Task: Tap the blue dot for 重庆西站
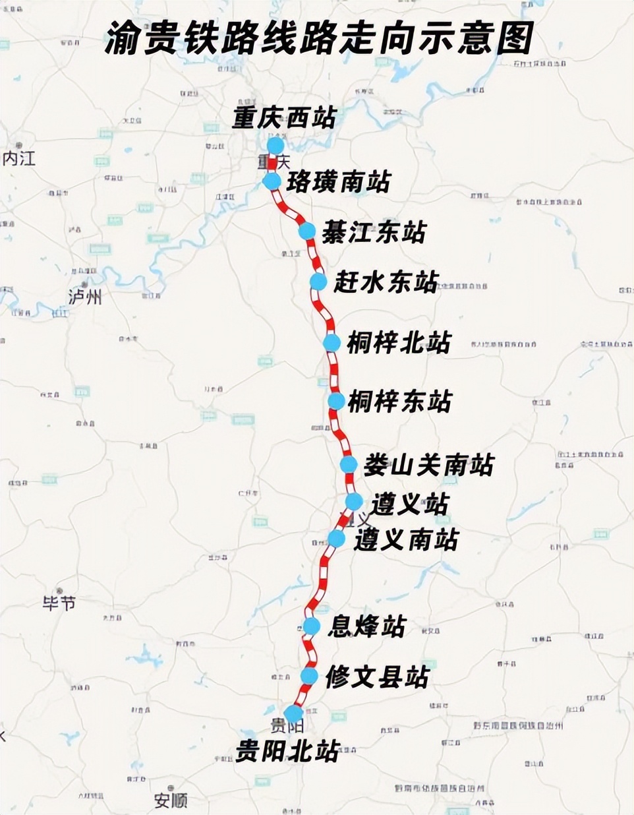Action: [x=275, y=145]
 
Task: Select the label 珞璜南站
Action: [x=338, y=182]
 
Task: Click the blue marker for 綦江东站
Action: [x=307, y=231]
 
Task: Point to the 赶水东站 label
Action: [x=386, y=282]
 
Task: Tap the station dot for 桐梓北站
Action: [x=331, y=343]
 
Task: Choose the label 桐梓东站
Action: [x=399, y=401]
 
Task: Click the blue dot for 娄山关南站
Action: [x=349, y=464]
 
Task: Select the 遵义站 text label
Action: [x=409, y=504]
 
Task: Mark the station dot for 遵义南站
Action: [x=336, y=539]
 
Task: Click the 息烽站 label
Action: [x=366, y=626]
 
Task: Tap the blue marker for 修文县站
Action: [x=309, y=676]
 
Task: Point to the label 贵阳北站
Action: [x=287, y=750]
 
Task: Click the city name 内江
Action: [x=19, y=158]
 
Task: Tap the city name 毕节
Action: [x=59, y=602]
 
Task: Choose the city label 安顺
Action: [x=171, y=800]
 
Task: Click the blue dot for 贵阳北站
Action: [x=293, y=713]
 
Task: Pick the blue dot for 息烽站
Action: [x=311, y=626]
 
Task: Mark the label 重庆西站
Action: [x=284, y=118]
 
